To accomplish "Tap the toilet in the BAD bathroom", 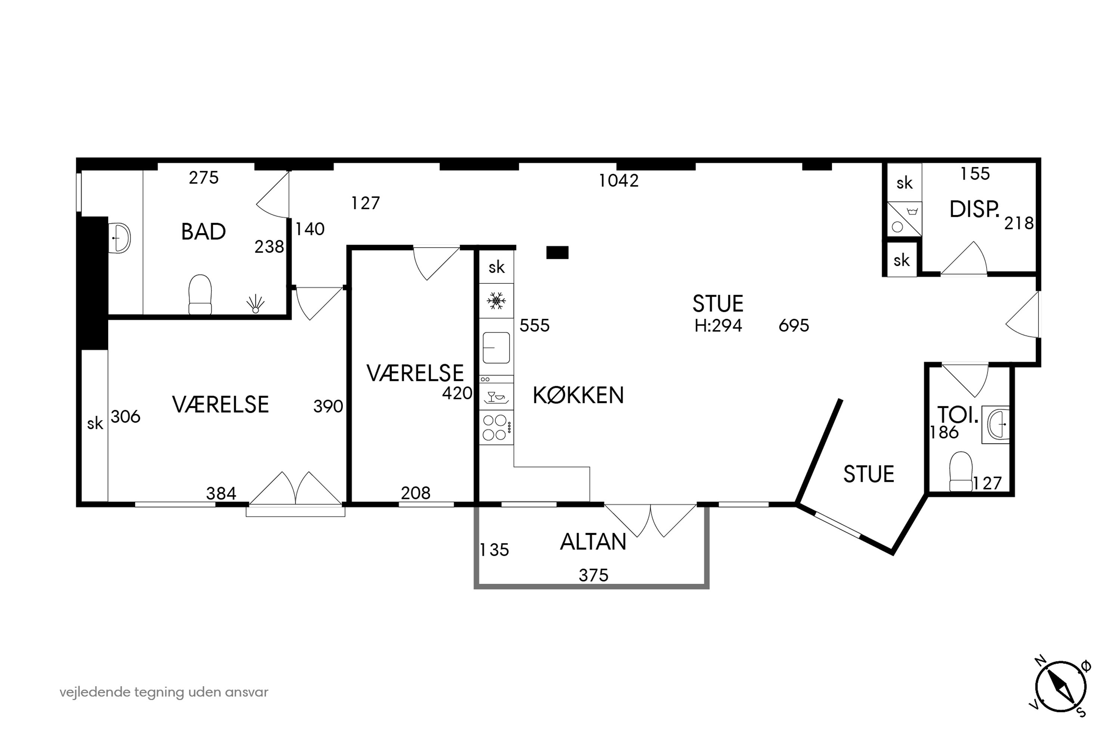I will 200,294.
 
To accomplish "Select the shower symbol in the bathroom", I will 255,303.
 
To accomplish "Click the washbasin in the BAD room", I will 121,238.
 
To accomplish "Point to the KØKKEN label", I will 578,396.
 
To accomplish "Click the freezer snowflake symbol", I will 496,301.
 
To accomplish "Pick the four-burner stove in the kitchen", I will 496,427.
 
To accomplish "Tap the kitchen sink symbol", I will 496,348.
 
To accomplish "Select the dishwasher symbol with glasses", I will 496,396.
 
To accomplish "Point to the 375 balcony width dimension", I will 593,576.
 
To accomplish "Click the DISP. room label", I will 974,210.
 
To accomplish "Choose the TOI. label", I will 958,415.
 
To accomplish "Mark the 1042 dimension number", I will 618,180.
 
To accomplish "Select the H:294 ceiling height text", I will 718,325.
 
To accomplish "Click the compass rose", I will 1061,687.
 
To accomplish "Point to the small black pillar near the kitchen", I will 557,252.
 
